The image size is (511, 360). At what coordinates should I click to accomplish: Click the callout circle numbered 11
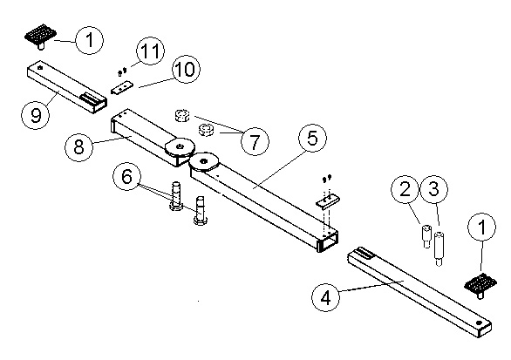click(x=150, y=51)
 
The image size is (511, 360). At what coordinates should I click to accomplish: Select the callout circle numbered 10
click(x=186, y=69)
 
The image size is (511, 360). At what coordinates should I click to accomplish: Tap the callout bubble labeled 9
click(x=36, y=115)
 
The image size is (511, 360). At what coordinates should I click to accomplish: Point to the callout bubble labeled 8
click(x=78, y=146)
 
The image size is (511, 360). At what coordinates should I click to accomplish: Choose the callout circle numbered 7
click(x=255, y=141)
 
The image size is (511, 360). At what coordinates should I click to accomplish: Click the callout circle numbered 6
click(x=126, y=177)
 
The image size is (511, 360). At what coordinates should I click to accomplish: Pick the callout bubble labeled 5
click(x=312, y=138)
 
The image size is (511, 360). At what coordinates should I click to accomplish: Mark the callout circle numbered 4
click(x=326, y=297)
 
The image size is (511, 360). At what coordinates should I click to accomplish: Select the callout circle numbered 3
click(x=433, y=189)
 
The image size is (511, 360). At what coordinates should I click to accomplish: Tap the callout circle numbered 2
click(x=405, y=189)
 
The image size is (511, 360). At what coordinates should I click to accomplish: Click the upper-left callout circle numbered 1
click(x=89, y=40)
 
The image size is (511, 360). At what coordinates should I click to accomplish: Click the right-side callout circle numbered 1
click(x=481, y=227)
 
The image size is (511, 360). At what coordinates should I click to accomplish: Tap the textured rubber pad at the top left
click(x=41, y=34)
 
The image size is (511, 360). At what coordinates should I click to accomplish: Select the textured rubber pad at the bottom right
click(x=480, y=283)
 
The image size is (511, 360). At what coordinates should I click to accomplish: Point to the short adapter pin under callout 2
click(x=426, y=236)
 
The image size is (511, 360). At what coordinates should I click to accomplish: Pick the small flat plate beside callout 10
click(x=122, y=87)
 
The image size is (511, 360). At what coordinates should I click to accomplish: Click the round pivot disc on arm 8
click(x=180, y=147)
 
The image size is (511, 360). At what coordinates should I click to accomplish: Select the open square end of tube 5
click(x=328, y=241)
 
